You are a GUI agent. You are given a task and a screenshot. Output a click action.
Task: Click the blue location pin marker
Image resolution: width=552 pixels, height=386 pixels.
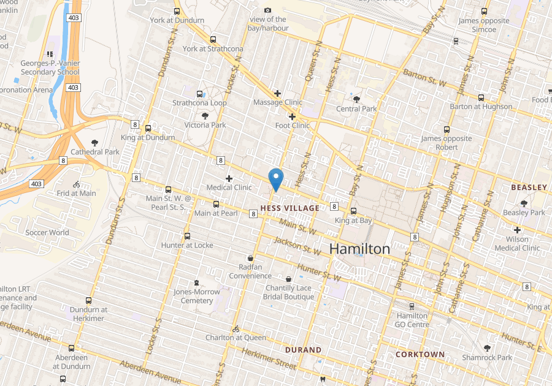pyautogui.click(x=276, y=179)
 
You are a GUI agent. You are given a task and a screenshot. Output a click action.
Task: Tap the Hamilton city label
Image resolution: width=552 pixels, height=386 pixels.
pyautogui.click(x=359, y=248)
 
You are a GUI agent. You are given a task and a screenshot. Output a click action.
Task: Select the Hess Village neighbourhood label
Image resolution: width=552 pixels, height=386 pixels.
pyautogui.click(x=290, y=208)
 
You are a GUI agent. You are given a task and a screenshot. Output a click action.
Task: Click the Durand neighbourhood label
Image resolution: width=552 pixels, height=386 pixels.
pyautogui.click(x=303, y=350)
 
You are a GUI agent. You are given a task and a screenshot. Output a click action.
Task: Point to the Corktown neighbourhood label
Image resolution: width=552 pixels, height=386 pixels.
pyautogui.click(x=420, y=354)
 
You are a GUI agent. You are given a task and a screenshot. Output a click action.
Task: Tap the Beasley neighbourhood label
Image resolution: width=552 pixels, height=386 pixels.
pyautogui.click(x=529, y=187)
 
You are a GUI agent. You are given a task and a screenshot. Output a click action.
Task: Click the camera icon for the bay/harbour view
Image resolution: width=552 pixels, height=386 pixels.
pyautogui.click(x=267, y=10)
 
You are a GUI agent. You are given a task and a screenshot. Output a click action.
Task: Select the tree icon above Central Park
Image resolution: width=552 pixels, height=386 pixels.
pyautogui.click(x=356, y=99)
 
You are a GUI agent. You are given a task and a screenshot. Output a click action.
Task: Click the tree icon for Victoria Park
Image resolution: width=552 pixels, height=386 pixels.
pyautogui.click(x=205, y=115)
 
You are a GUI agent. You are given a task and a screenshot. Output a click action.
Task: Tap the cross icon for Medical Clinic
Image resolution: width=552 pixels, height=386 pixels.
pyautogui.click(x=229, y=178)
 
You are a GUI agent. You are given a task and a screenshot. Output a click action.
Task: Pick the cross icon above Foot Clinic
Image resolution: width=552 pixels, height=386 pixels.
pyautogui.click(x=292, y=116)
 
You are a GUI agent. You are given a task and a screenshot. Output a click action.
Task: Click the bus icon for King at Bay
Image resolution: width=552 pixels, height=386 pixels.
pyautogui.click(x=353, y=211)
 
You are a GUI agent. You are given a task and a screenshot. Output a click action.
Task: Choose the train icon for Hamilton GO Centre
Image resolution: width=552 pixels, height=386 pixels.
pyautogui.click(x=412, y=306)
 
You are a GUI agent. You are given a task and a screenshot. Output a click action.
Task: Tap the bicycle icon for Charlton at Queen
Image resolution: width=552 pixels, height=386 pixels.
pyautogui.click(x=236, y=328)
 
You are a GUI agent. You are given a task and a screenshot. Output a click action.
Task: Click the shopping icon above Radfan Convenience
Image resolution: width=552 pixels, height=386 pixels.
pyautogui.click(x=250, y=258)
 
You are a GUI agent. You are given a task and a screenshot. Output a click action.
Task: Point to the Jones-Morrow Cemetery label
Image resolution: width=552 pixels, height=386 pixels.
pyautogui.click(x=197, y=296)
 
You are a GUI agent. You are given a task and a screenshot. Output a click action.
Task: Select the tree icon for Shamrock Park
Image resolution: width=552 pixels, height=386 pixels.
pyautogui.click(x=487, y=348)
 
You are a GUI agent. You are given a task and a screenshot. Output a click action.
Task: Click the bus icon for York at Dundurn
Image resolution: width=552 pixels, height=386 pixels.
pyautogui.click(x=177, y=11)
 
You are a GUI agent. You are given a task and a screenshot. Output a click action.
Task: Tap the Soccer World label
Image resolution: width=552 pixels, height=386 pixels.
pyautogui.click(x=47, y=232)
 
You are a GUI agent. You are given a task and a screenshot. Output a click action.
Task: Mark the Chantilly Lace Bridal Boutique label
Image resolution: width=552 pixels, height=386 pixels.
pyautogui.click(x=288, y=292)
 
